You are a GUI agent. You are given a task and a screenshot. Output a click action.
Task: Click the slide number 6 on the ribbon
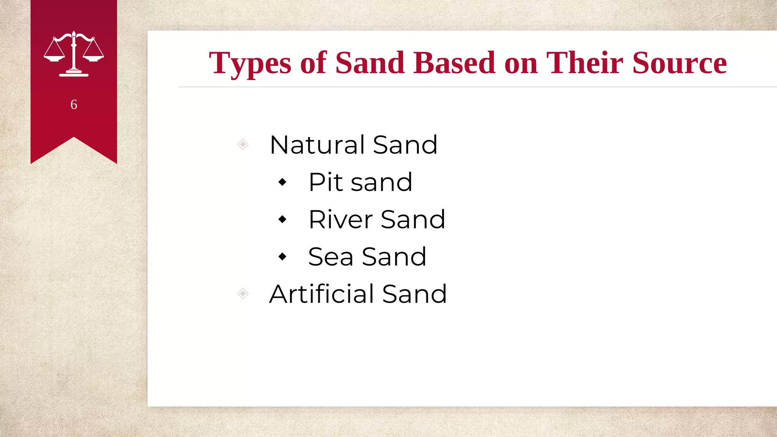pyautogui.click(x=74, y=104)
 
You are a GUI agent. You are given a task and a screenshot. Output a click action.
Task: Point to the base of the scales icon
pyautogui.click(x=74, y=74)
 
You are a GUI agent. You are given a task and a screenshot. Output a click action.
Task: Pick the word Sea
pyautogui.click(x=330, y=257)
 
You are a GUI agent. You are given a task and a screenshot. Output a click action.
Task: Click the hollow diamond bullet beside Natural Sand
pyautogui.click(x=243, y=145)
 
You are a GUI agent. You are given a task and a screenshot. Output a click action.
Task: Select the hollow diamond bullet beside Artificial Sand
pyautogui.click(x=243, y=294)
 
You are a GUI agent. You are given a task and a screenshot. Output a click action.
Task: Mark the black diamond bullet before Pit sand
pyautogui.click(x=282, y=182)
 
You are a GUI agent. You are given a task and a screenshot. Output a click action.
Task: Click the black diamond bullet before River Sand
pyautogui.click(x=282, y=219)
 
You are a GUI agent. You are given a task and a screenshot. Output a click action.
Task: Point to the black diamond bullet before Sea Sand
pyautogui.click(x=282, y=257)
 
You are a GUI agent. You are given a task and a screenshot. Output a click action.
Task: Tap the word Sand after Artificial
pyautogui.click(x=414, y=294)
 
